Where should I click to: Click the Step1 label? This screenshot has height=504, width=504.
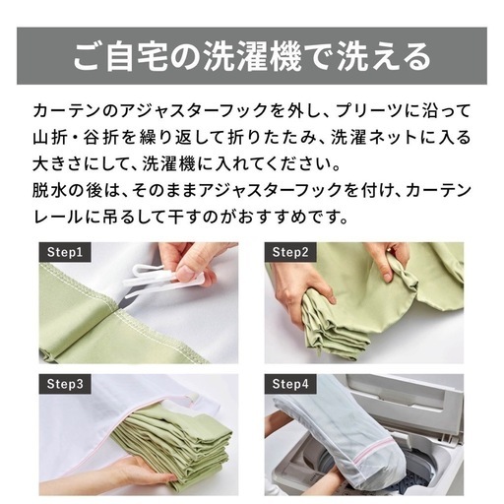tap(64, 252)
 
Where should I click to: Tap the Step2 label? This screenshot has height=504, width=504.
tap(289, 252)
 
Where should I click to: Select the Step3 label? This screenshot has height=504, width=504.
tap(64, 384)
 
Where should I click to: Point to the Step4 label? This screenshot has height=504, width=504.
tap(290, 384)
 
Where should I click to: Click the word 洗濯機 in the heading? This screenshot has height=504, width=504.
tap(253, 56)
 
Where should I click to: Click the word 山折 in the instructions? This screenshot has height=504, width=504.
tap(50, 137)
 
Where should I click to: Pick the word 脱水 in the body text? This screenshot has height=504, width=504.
tap(50, 190)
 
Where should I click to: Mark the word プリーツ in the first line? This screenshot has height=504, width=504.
tap(370, 110)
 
